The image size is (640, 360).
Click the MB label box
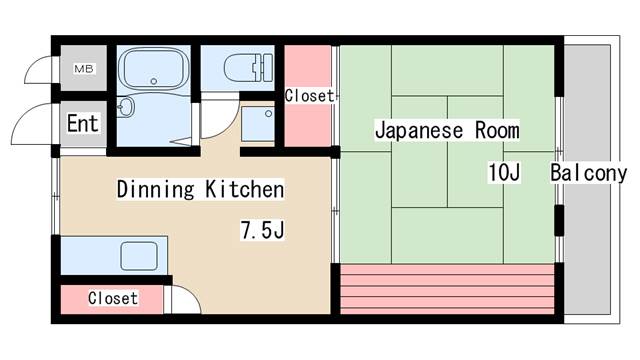click(82, 69)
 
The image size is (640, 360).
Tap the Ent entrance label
click(83, 124)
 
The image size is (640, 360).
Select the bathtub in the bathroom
click(153, 69)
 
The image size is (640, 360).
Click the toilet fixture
click(241, 68)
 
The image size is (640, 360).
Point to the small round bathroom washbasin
click(127, 107)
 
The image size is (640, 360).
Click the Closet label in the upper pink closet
click(309, 96)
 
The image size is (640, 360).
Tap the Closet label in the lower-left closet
click(112, 298)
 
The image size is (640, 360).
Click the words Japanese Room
click(447, 130)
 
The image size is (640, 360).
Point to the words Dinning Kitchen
click(200, 188)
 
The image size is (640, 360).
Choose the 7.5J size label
click(262, 231)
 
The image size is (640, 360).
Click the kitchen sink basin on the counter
click(139, 256)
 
